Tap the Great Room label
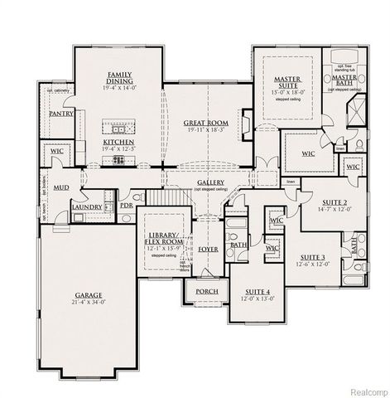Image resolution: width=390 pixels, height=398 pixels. (207, 123)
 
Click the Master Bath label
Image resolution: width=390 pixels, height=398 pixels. (344, 80)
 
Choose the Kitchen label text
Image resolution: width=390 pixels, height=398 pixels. (118, 142)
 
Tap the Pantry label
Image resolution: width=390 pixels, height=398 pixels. (62, 113)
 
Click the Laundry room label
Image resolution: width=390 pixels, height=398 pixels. (87, 206)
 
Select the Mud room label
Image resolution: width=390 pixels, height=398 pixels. (61, 188)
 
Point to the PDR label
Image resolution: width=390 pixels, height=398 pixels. (127, 205)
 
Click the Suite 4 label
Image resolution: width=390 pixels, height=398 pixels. (256, 293)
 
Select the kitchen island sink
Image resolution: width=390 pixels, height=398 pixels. (119, 129)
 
